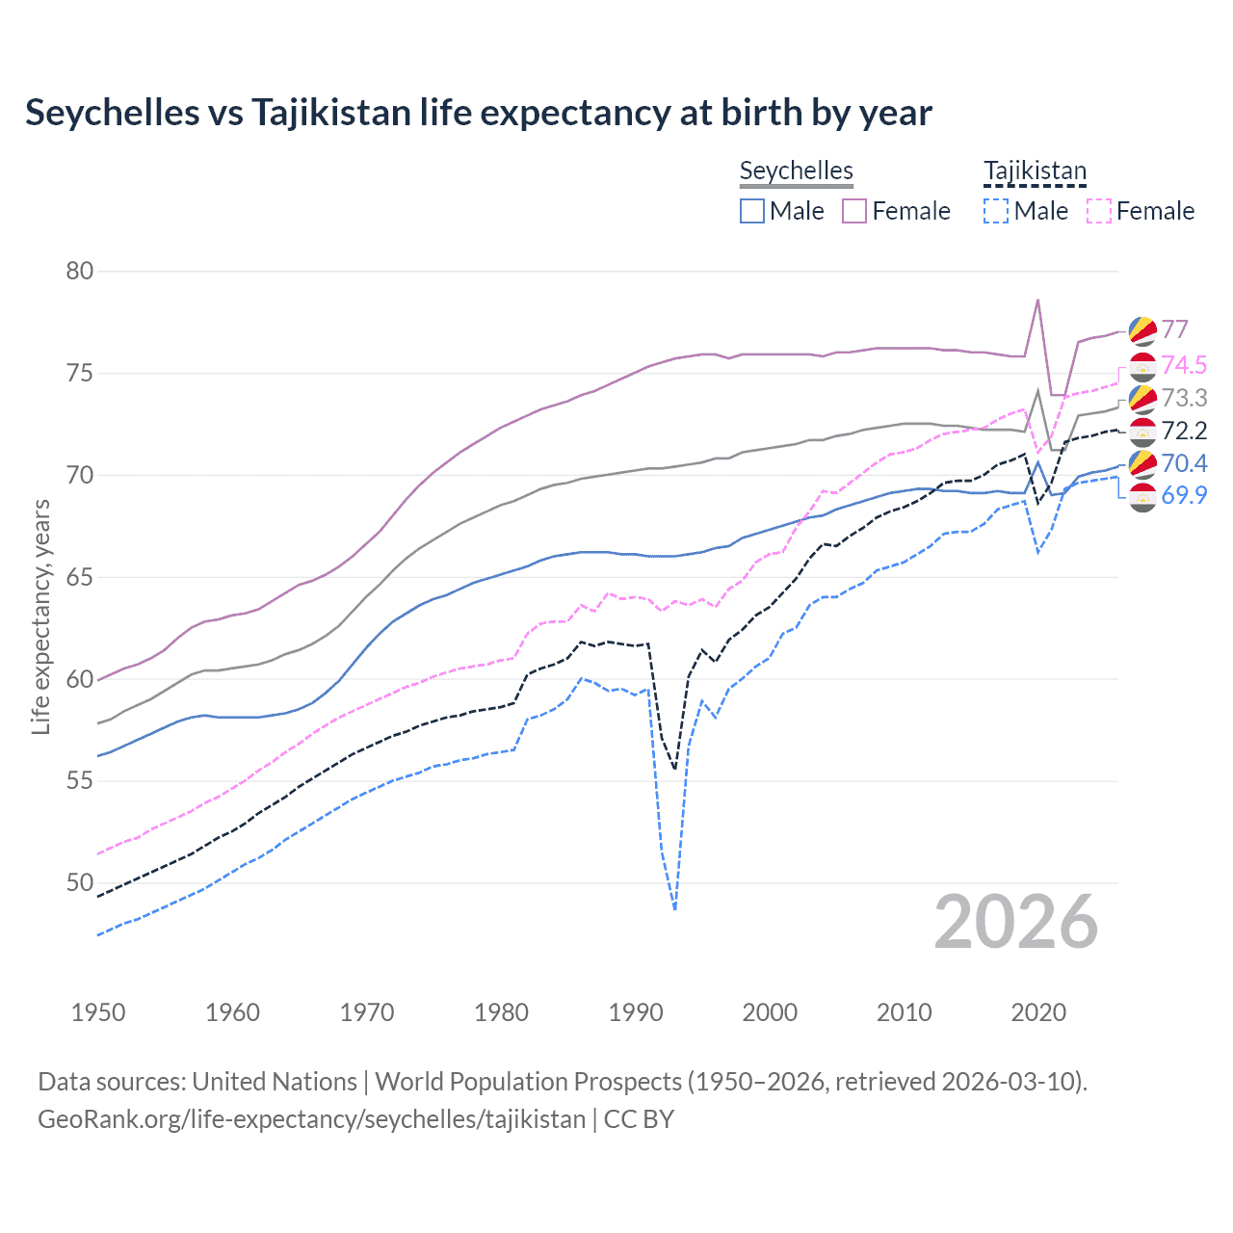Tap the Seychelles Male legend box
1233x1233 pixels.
pos(752,211)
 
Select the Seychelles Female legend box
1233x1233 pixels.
pos(854,211)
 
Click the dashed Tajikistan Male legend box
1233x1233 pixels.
pos(996,211)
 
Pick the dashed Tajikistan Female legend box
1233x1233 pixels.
pos(1098,211)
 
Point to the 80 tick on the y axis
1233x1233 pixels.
pos(80,271)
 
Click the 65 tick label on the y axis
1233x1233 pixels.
pos(80,577)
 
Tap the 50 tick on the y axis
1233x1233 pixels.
pos(80,882)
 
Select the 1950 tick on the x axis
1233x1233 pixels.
pos(98,1012)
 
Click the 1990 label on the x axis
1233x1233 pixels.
pos(636,1012)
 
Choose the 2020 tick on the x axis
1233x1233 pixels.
pos(1038,1012)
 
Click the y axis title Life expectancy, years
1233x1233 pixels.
pos(40,616)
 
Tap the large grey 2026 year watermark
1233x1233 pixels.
pos(1016,923)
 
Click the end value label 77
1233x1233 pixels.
pos(1174,330)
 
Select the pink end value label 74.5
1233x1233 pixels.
pos(1184,365)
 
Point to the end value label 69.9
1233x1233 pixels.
pos(1184,495)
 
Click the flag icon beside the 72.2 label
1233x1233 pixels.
pos(1141,431)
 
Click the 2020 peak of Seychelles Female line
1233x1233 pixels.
pos(1037,300)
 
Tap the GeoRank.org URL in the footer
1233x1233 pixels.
pos(311,1119)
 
